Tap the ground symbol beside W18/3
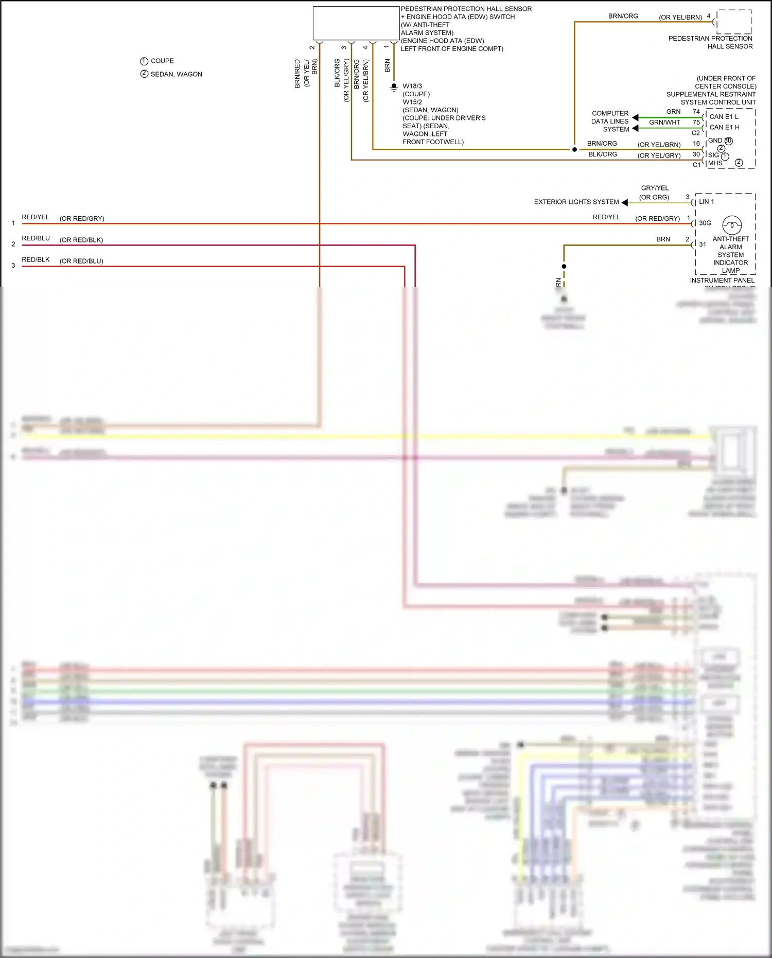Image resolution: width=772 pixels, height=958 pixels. (x=394, y=87)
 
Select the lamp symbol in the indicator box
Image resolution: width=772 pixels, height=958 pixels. (x=732, y=225)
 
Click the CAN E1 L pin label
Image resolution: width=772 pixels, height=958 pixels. (x=724, y=117)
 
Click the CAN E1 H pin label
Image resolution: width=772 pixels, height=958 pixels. (x=724, y=127)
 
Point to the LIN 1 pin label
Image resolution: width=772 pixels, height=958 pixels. (x=706, y=202)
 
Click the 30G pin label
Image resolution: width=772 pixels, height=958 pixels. (x=705, y=223)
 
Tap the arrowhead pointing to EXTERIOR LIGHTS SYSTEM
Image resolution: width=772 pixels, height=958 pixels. (x=624, y=202)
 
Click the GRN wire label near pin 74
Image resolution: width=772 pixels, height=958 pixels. (x=673, y=112)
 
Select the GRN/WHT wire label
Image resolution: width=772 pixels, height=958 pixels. (x=664, y=123)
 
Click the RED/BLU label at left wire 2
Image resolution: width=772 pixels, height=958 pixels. (x=36, y=238)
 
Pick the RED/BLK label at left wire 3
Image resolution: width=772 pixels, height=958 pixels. (x=36, y=259)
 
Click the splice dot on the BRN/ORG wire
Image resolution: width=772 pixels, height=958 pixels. (x=574, y=150)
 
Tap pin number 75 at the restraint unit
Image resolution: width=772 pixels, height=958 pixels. (x=696, y=123)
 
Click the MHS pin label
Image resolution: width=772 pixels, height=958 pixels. (x=715, y=163)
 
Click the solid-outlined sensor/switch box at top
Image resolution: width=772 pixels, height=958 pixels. (x=356, y=23)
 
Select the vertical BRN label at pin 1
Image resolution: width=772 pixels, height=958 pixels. (x=388, y=65)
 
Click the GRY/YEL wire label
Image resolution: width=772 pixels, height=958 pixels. (x=655, y=188)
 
